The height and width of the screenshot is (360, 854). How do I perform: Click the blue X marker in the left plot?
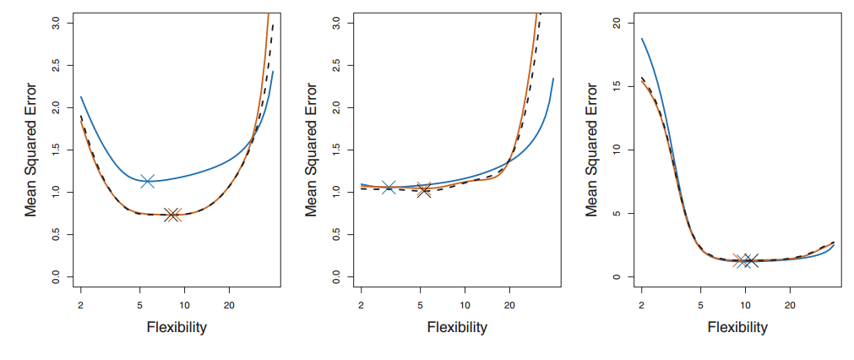(148, 181)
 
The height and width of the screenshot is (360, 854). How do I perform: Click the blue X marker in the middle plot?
(389, 187)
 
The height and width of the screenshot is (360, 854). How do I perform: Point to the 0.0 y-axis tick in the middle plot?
(337, 277)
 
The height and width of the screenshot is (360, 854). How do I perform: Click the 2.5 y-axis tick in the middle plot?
(337, 64)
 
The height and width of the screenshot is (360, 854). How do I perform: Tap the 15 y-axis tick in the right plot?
(618, 85)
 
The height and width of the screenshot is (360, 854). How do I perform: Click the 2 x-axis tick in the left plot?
(81, 303)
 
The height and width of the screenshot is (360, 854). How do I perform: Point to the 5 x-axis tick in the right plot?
(700, 303)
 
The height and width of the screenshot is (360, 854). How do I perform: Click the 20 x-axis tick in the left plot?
(229, 303)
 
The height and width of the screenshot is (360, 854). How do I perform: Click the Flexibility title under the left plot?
(177, 327)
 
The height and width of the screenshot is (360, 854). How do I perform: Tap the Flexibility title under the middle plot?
(457, 327)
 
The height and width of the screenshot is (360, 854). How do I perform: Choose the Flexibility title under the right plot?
(737, 327)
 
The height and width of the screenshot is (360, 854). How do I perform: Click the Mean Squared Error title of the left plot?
(31, 150)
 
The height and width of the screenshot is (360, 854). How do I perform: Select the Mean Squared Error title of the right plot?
(593, 150)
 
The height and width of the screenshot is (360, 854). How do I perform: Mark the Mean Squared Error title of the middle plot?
(313, 150)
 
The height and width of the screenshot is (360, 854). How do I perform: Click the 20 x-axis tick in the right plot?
(790, 303)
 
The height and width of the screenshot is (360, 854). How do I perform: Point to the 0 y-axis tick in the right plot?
(618, 277)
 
